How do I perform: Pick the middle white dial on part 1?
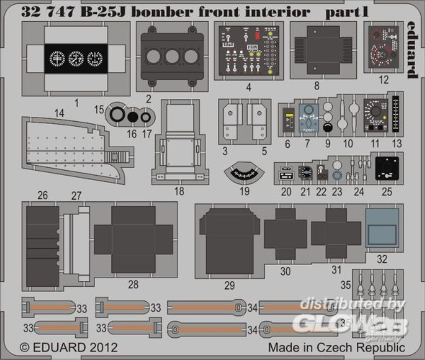click(76, 59)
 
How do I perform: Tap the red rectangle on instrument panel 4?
click(257, 36)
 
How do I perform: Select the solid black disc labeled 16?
click(132, 116)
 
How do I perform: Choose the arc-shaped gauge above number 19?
click(244, 174)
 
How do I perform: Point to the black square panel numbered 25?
click(387, 168)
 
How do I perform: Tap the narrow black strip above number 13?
click(395, 114)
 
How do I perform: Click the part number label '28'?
click(133, 284)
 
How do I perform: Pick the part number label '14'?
click(59, 113)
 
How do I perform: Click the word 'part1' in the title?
click(347, 12)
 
